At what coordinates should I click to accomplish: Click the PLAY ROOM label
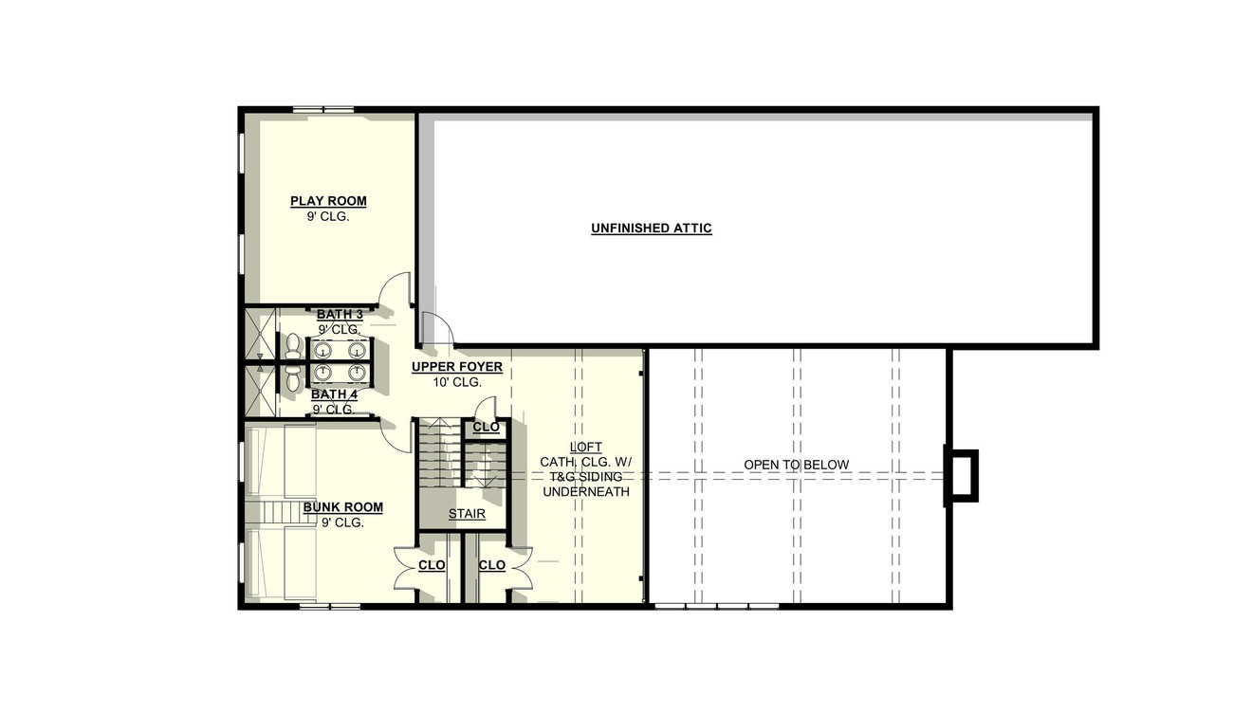click(328, 201)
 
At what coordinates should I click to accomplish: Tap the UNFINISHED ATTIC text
click(651, 229)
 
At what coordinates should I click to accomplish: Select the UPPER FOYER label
click(456, 367)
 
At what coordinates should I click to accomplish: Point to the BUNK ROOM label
click(343, 507)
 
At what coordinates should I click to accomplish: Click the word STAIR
click(467, 515)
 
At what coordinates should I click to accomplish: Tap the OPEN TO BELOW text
click(796, 465)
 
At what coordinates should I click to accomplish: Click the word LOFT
click(585, 448)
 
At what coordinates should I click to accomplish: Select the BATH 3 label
click(340, 314)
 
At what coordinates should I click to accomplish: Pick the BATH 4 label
click(334, 394)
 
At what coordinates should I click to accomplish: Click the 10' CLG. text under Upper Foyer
click(456, 382)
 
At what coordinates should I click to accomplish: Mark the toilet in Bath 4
click(292, 376)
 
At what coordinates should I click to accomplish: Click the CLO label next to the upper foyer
click(486, 428)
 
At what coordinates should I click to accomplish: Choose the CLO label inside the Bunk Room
click(432, 566)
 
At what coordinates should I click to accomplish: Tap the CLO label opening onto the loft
click(491, 566)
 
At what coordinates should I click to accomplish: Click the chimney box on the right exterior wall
click(961, 475)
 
